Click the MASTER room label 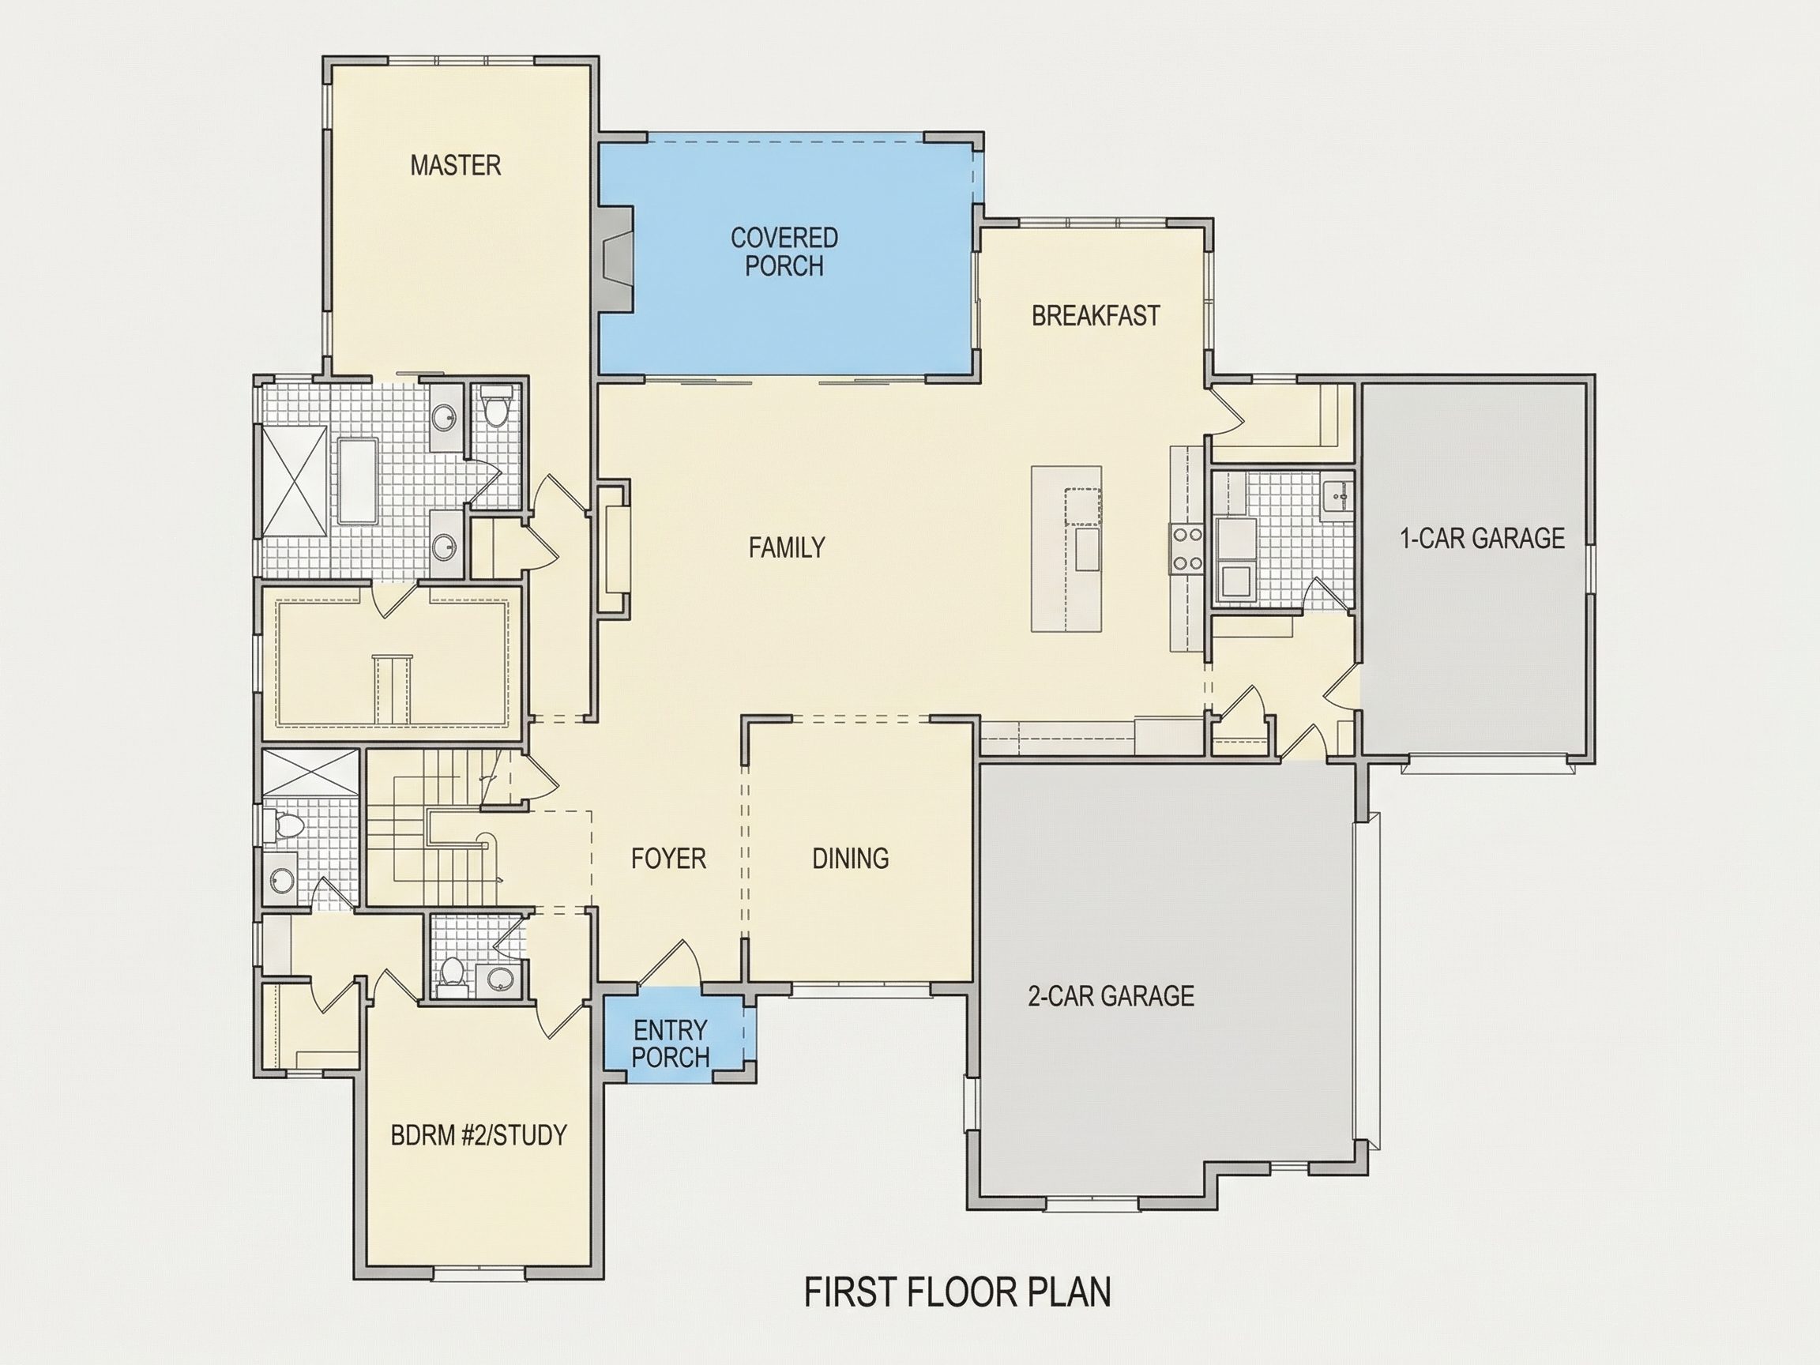point(455,165)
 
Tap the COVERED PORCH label point(784,252)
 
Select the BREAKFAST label point(1096,316)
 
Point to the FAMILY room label point(787,547)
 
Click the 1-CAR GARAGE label point(1483,538)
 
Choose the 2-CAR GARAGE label point(1111,996)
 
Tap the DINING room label point(851,859)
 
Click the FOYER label point(668,859)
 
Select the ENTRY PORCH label point(671,1043)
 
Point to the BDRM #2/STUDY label point(479,1135)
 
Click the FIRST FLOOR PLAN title point(957,1292)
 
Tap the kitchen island point(1066,549)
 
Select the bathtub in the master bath point(357,481)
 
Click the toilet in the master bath point(495,408)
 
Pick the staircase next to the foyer point(434,831)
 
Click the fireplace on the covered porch point(615,259)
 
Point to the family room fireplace point(613,549)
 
